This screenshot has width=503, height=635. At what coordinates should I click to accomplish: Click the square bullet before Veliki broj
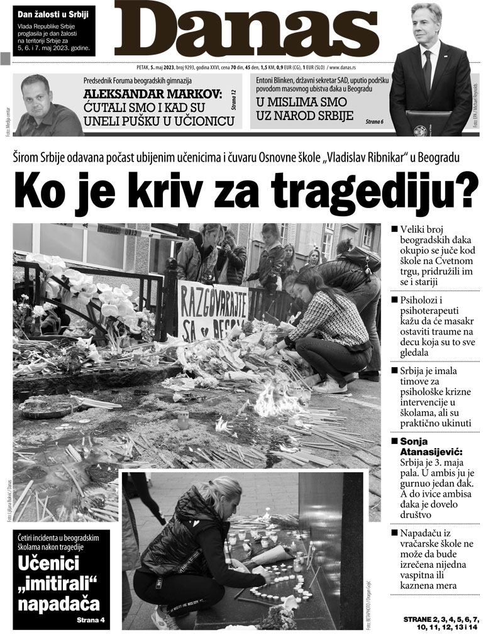pos(394,230)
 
